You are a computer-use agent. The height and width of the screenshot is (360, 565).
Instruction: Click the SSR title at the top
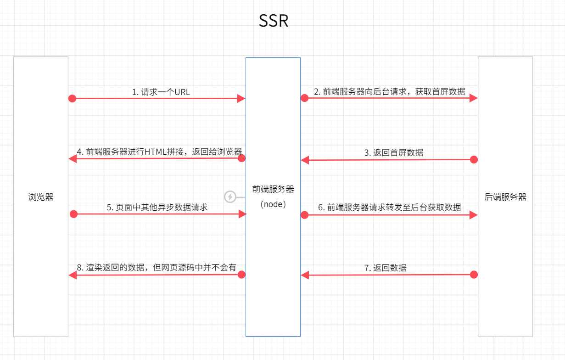[x=274, y=21]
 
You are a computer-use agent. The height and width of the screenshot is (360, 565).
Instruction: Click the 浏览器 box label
[x=41, y=197]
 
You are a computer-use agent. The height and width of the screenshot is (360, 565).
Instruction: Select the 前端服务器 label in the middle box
[x=273, y=189]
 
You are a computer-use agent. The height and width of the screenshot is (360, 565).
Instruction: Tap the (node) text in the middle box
[x=273, y=204]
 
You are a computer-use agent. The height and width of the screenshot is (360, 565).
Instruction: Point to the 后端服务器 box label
[x=505, y=197]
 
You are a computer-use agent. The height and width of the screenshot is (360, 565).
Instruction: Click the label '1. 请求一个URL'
[x=161, y=92]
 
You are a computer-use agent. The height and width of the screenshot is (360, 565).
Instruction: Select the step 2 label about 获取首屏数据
[x=389, y=91]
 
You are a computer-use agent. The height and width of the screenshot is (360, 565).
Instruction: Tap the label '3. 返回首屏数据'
[x=394, y=152]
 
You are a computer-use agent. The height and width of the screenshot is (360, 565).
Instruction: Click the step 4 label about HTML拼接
[x=159, y=152]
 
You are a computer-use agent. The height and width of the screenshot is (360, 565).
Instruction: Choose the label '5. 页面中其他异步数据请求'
[x=157, y=207]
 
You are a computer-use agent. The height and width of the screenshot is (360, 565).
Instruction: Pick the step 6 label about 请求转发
[x=390, y=207]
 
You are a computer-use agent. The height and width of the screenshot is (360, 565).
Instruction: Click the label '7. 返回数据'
[x=385, y=268]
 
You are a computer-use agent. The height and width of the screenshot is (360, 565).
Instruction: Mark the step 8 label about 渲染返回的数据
[x=157, y=267]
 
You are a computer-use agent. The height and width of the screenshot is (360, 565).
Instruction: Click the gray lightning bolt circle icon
[x=230, y=197]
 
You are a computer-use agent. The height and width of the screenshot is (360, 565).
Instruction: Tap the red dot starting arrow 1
[x=72, y=98]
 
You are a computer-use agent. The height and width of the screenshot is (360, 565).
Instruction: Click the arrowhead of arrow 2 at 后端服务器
[x=473, y=98]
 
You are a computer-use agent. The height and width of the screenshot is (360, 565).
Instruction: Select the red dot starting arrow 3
[x=474, y=159]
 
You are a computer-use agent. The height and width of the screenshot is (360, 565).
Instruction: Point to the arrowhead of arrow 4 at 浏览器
[x=73, y=158]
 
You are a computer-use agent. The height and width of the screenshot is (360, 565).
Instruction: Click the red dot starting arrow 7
[x=474, y=275]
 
